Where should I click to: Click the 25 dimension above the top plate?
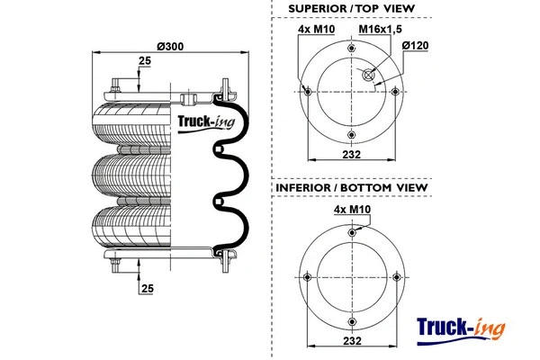click(x=144, y=61)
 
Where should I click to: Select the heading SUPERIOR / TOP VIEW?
click(x=351, y=9)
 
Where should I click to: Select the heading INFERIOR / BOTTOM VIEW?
click(x=351, y=188)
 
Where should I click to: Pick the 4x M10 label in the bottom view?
click(x=351, y=210)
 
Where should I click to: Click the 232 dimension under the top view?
click(x=351, y=155)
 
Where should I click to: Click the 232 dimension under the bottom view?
click(x=351, y=341)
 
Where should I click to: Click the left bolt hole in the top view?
click(x=308, y=92)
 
